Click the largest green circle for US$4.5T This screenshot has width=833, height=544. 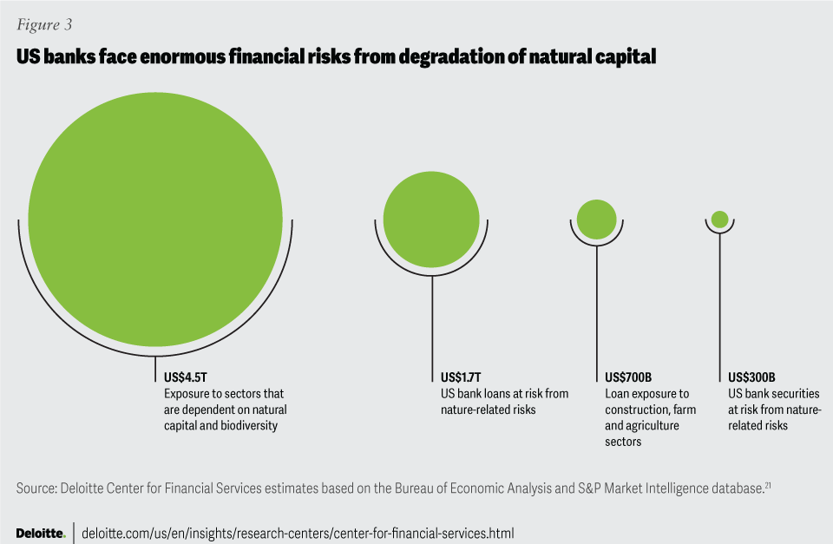click(x=155, y=220)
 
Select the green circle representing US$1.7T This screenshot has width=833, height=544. click(x=431, y=220)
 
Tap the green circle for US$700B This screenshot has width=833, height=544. click(x=597, y=220)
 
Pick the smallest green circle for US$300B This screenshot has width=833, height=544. click(x=720, y=220)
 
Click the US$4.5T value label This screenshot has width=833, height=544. click(x=186, y=377)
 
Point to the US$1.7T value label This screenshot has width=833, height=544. click(x=461, y=377)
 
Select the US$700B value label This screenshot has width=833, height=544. click(x=628, y=377)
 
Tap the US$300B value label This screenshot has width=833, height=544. click(x=751, y=377)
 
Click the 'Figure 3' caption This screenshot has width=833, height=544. click(x=44, y=24)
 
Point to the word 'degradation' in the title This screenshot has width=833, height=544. click(x=451, y=57)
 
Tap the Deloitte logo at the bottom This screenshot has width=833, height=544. click(x=41, y=533)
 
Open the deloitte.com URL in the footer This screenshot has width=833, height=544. click(x=298, y=533)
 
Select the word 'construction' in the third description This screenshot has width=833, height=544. click(x=636, y=410)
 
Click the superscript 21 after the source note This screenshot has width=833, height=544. click(x=768, y=484)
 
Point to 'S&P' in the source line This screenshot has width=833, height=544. click(x=588, y=488)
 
